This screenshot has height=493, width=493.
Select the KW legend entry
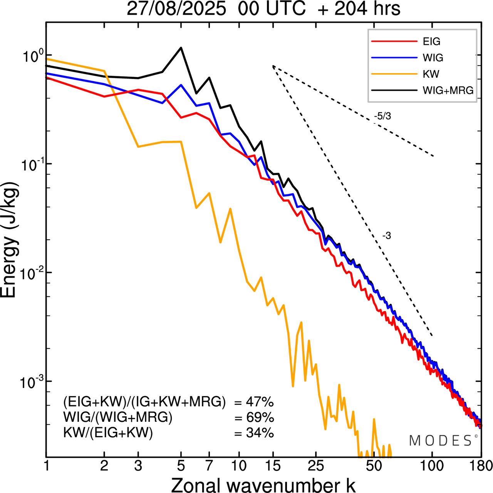[431, 74]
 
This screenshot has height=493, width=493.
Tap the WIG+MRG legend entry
[448, 90]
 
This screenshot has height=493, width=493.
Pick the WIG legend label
[433, 58]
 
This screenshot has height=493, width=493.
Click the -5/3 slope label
[382, 116]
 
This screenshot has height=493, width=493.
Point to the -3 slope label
[387, 236]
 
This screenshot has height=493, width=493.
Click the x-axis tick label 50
[373, 466]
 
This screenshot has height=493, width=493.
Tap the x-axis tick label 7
[209, 466]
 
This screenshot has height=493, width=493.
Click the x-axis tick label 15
[272, 466]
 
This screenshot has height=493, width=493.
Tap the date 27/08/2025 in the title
[176, 9]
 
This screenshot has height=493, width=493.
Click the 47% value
[260, 402]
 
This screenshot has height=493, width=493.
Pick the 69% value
[260, 418]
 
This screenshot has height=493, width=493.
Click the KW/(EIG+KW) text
[108, 433]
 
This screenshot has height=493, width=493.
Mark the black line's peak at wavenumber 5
[181, 48]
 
